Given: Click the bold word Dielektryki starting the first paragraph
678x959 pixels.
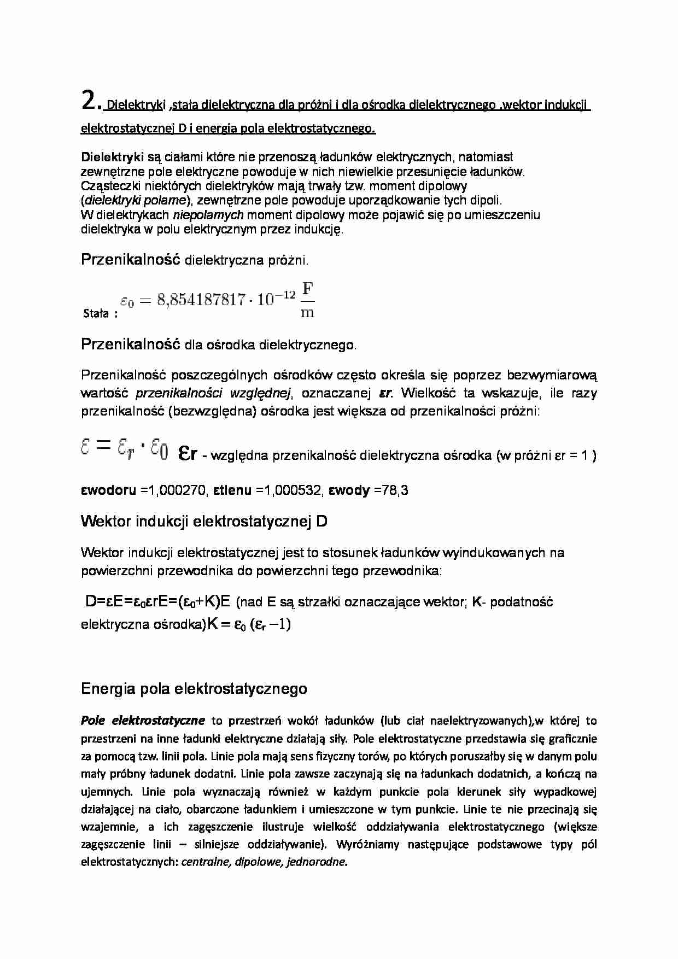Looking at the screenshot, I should tap(112, 157).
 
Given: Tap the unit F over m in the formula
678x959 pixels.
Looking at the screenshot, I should tap(308, 300).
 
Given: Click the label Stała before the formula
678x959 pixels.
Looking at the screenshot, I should tap(96, 314).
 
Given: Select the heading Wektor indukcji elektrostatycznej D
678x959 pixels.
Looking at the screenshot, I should tap(204, 521).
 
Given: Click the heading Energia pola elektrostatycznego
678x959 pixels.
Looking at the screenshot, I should tap(194, 689).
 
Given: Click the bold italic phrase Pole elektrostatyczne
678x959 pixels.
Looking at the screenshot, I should tap(143, 721).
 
